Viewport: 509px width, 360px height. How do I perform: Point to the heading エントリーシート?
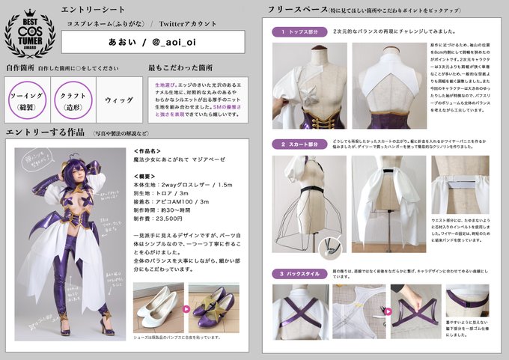pos(90,10)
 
